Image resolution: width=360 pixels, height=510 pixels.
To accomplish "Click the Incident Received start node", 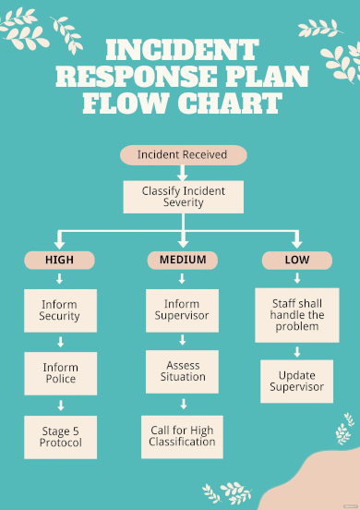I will point(182,155).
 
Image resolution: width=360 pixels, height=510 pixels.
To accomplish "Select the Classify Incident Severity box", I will point(182,197).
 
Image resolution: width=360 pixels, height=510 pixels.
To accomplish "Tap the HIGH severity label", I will point(60,261).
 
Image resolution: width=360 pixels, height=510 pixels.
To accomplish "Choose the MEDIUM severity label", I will point(183,261).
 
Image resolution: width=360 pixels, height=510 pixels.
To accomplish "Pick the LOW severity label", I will point(296,261).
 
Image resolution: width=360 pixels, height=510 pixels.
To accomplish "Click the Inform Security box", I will point(60,310).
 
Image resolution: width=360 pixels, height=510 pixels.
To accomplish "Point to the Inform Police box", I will point(60,373).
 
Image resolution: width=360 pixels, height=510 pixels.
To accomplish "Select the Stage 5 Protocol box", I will point(60,436).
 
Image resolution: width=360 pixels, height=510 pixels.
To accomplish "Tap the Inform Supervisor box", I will point(183,310).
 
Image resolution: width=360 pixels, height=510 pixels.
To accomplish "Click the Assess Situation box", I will point(183,371).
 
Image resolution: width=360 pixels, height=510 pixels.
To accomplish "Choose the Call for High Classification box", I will point(183,436).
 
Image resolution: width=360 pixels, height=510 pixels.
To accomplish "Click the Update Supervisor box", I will point(297,381).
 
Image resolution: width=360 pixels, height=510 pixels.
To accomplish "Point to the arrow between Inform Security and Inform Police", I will point(60,342).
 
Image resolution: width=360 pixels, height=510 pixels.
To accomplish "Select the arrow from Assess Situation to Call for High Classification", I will point(183,404).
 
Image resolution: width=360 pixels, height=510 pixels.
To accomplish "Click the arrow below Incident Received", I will point(182,173).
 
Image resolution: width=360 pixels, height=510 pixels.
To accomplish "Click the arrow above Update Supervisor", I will point(297,352).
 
